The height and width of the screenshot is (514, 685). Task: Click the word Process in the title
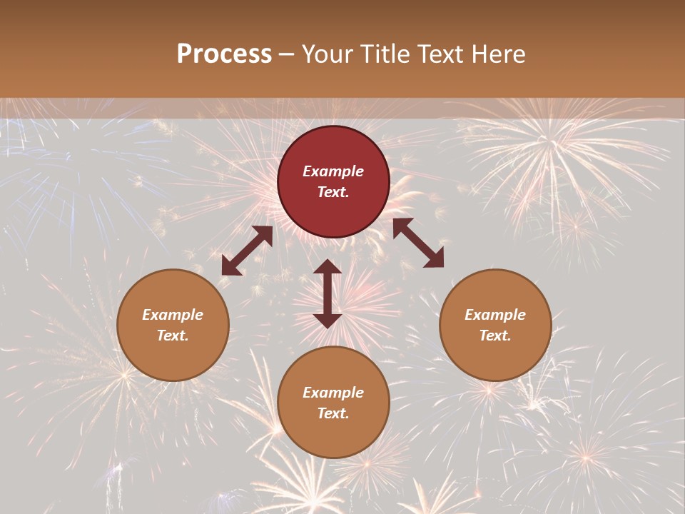point(224,54)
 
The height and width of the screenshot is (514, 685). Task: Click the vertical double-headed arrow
point(328,293)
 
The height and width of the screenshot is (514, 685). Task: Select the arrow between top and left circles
point(247,251)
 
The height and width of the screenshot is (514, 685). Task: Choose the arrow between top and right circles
point(418,243)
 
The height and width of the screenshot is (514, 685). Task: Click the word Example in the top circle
point(333,171)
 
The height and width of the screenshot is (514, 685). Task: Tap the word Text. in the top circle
point(333,192)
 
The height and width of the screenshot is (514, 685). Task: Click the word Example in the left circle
point(173,315)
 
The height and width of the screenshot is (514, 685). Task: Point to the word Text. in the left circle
point(173,336)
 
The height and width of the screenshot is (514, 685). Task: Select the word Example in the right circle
point(495,315)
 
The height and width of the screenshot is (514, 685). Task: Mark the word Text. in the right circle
point(495,336)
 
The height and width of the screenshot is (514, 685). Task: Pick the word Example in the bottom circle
point(333,393)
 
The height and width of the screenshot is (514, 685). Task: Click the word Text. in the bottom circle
point(333,413)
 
